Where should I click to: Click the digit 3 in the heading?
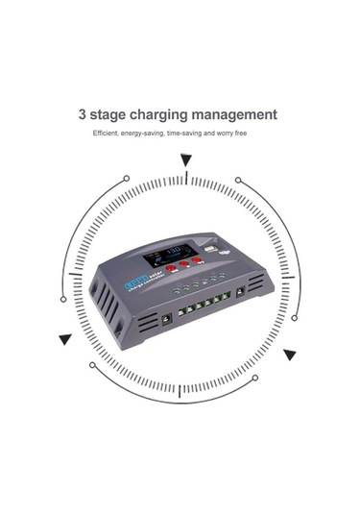click(x=84, y=114)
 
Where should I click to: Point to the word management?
click(x=240, y=115)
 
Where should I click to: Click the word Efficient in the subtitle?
click(x=106, y=134)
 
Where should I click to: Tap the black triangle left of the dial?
click(x=64, y=338)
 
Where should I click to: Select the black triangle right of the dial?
click(x=289, y=354)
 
